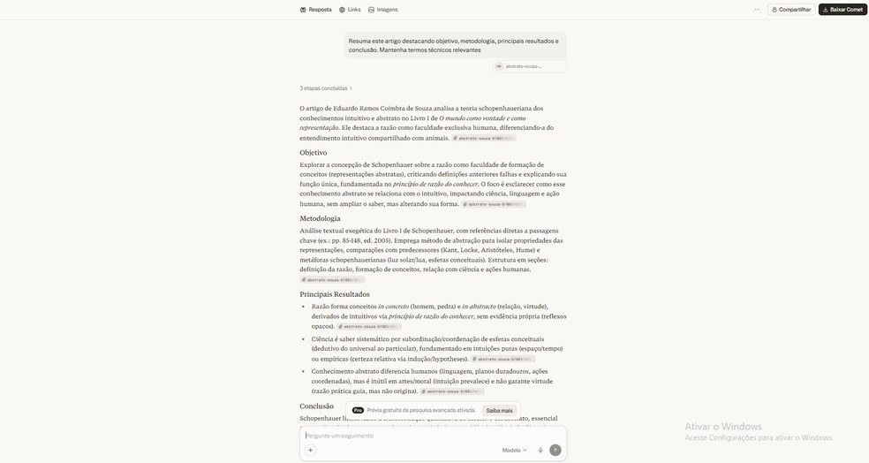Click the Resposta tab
point(315,10)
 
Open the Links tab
point(350,10)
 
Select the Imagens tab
point(382,10)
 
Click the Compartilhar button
point(790,10)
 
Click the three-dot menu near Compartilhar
point(757,10)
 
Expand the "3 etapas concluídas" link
point(326,88)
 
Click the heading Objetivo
point(313,153)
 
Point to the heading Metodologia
point(320,218)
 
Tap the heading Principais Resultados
point(334,294)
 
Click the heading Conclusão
point(316,406)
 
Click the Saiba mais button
point(499,410)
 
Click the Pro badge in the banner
point(358,410)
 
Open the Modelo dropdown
point(514,450)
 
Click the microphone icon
point(540,450)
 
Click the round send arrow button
point(555,450)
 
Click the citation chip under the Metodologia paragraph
point(332,280)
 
